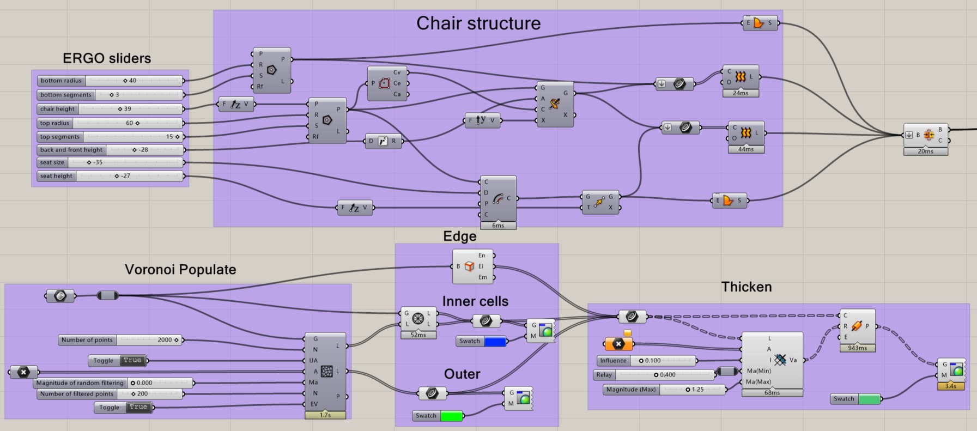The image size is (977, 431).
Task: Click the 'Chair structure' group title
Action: tap(478, 23)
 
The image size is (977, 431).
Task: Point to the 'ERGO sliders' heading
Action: tap(107, 58)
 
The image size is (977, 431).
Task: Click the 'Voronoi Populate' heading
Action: tap(180, 270)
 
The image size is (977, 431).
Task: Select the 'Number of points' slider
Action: tap(120, 340)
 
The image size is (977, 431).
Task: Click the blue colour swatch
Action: tap(495, 342)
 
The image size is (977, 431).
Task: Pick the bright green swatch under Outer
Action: tap(451, 416)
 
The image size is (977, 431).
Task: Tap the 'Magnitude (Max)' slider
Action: tap(665, 390)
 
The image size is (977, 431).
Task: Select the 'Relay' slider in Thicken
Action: tap(654, 375)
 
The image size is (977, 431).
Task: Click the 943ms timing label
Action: tap(857, 348)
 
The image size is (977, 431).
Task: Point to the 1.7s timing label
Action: tap(325, 415)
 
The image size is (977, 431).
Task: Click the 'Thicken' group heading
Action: tap(746, 287)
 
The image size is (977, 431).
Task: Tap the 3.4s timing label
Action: tap(950, 386)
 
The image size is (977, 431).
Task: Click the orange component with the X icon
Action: tap(618, 344)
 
